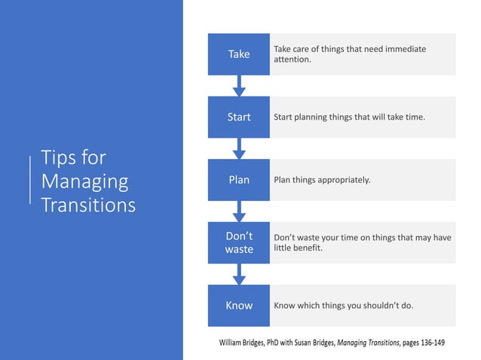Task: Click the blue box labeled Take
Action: (x=238, y=54)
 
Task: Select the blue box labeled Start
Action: (x=238, y=117)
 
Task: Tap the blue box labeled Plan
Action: (x=238, y=180)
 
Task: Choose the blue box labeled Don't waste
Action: (x=238, y=243)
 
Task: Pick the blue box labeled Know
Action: (x=238, y=306)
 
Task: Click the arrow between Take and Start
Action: (x=239, y=86)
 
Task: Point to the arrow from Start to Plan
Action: (x=239, y=148)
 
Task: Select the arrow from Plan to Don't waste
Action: (x=239, y=212)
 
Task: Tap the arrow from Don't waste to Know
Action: (x=239, y=274)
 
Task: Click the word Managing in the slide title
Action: (x=84, y=182)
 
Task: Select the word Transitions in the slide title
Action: (x=88, y=205)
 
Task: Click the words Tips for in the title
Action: (x=73, y=158)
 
